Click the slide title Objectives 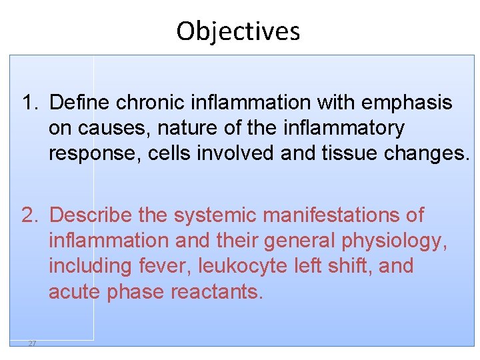(x=238, y=31)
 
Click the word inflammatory (x=345, y=129)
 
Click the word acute (x=73, y=291)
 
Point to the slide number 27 (x=32, y=343)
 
